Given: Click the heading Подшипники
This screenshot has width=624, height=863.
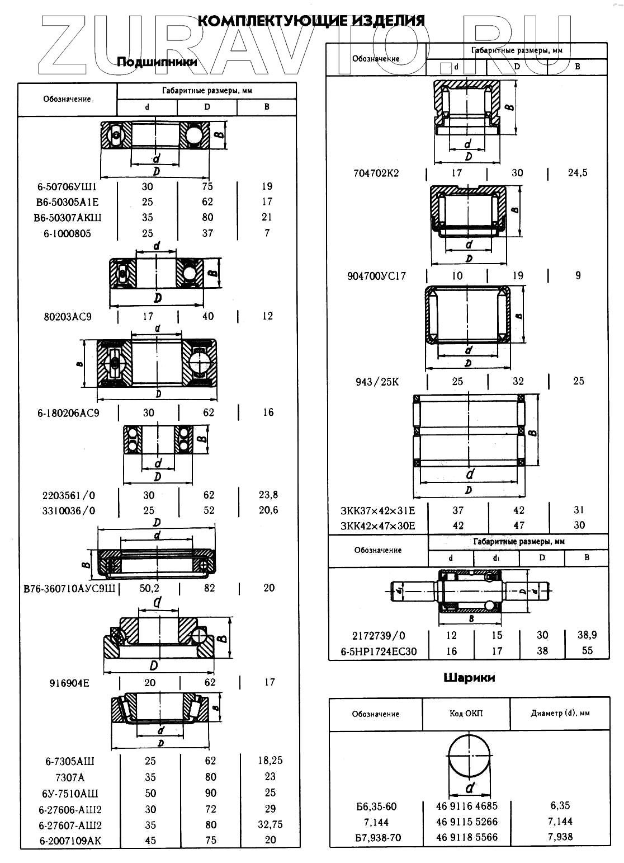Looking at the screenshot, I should (x=157, y=62).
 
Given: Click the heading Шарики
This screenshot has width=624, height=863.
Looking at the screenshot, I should (x=469, y=678).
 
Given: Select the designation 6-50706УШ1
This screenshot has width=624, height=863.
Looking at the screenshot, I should (x=67, y=187).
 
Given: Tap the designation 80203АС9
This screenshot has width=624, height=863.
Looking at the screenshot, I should (x=67, y=317).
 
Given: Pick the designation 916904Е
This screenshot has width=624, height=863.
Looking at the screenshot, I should (x=69, y=683).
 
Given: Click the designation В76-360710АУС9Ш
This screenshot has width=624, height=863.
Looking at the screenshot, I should (x=69, y=589).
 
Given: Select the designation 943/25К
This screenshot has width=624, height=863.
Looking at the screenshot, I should (x=377, y=382).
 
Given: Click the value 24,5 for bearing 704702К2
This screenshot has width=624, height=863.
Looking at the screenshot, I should (x=578, y=173).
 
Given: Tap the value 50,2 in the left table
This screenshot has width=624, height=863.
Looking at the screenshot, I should (x=149, y=588).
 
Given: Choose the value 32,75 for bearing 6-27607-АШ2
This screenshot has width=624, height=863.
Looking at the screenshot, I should (x=270, y=825).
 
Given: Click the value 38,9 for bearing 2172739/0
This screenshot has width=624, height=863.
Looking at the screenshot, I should (x=587, y=635).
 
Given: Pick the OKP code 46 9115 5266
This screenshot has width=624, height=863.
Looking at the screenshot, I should (x=466, y=822).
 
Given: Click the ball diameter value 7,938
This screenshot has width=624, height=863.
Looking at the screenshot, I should (x=560, y=837).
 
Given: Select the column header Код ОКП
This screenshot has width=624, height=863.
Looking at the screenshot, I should (x=466, y=714).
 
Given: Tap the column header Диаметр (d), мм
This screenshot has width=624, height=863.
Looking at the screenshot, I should (x=560, y=714).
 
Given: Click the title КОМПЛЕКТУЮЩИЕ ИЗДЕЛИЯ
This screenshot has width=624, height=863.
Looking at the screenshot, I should (x=311, y=21).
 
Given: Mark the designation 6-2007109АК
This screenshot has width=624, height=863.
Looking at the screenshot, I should (x=70, y=841).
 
